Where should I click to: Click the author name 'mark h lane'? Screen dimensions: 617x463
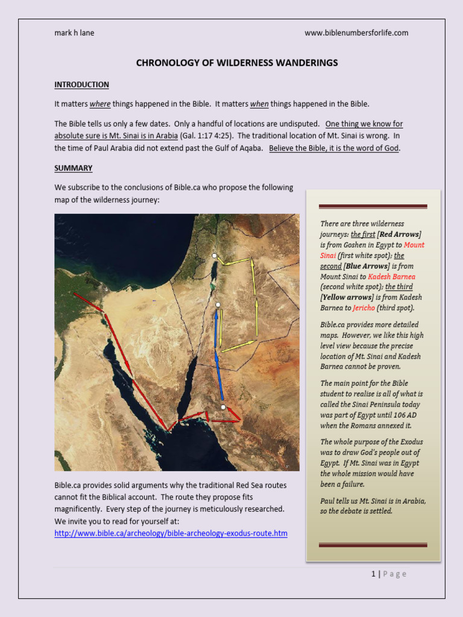(x=74, y=33)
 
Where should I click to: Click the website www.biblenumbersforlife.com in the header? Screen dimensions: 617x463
(x=356, y=33)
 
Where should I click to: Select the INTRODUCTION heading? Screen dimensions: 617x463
(x=81, y=85)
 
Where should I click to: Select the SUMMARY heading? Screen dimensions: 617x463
(x=73, y=168)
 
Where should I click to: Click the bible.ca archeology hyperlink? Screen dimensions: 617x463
(x=171, y=533)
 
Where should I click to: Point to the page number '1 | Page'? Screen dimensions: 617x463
(x=389, y=574)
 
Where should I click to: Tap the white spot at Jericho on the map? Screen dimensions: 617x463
(x=214, y=256)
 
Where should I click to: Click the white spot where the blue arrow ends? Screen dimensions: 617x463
(x=218, y=305)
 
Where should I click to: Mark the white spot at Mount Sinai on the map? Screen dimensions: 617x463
(x=223, y=408)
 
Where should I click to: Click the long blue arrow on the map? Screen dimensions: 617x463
(x=219, y=355)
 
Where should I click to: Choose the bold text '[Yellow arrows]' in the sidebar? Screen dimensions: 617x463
(x=347, y=298)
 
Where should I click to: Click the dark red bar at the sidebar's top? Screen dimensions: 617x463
(x=373, y=207)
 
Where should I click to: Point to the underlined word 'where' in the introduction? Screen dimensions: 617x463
(x=100, y=104)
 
